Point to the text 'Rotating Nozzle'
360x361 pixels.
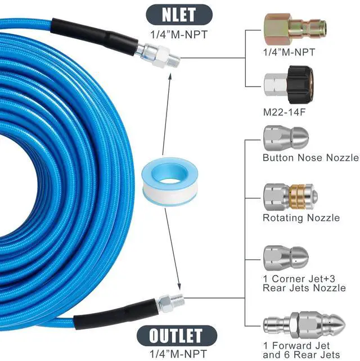301,218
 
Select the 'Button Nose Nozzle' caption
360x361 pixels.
310,158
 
